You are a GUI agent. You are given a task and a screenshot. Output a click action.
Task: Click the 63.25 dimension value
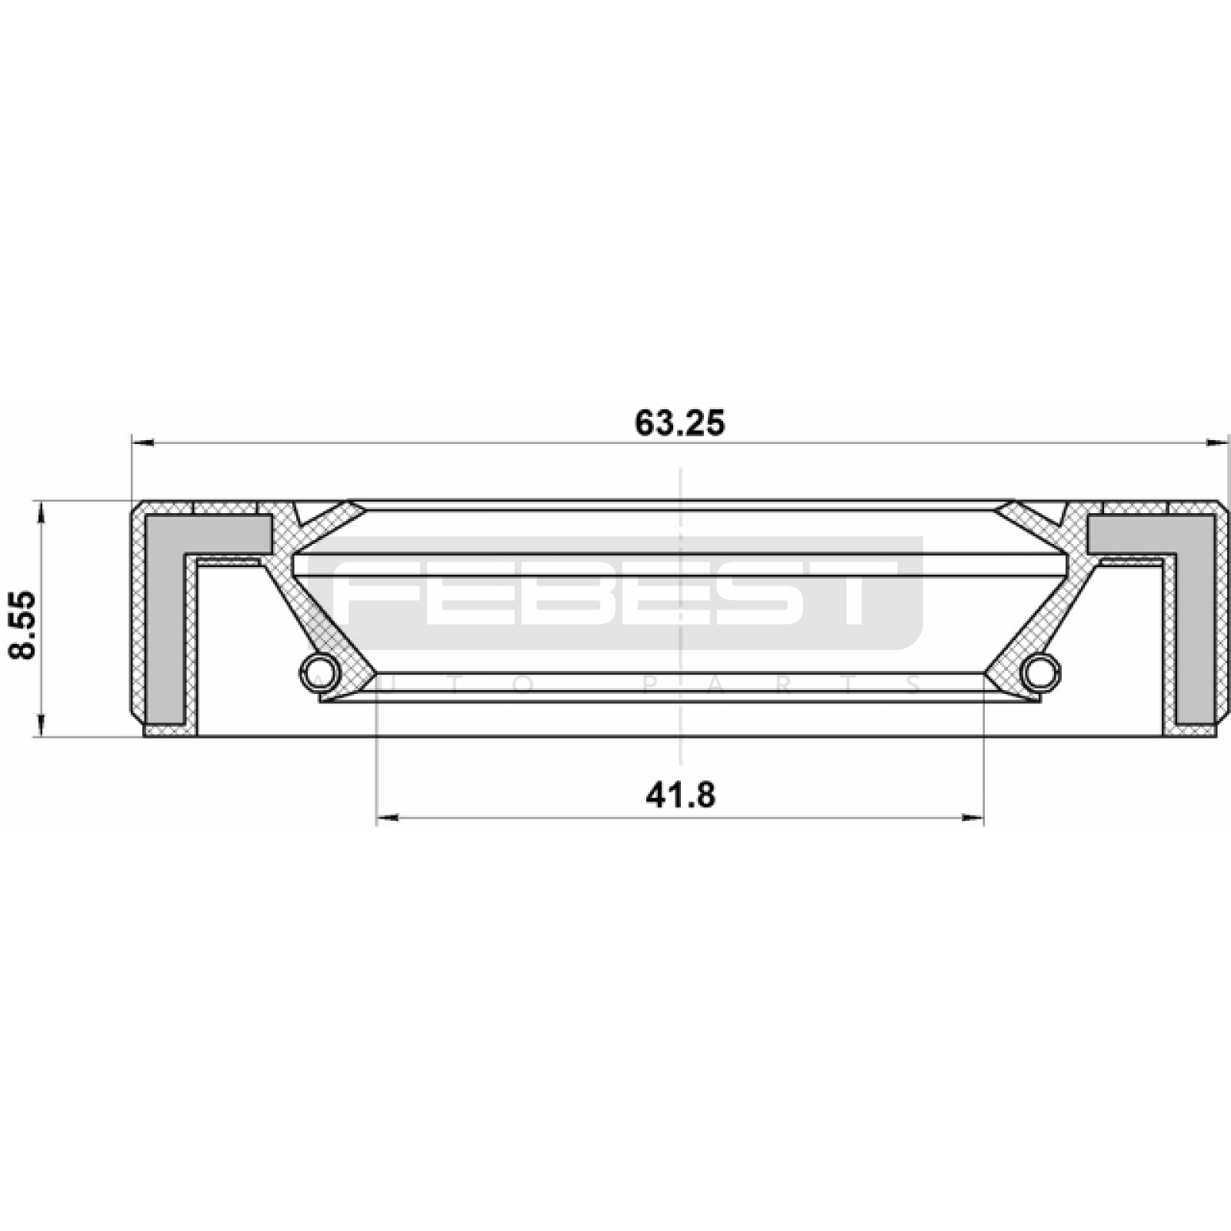click(x=680, y=423)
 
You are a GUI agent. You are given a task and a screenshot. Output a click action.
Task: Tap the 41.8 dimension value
click(x=680, y=795)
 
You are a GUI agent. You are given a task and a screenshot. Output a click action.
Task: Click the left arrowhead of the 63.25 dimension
click(x=143, y=442)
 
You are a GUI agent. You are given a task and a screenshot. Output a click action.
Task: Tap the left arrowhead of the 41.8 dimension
click(x=388, y=818)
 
